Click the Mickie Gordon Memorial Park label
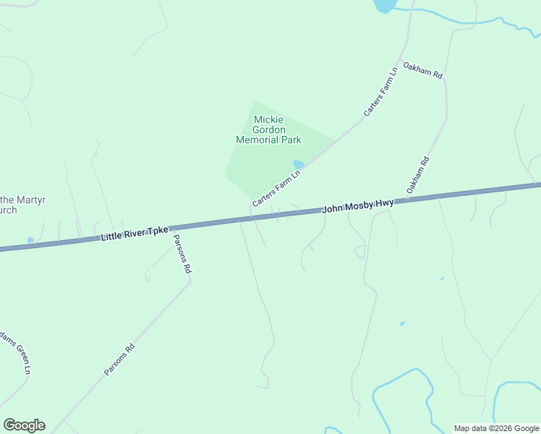(x=268, y=129)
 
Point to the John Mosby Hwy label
(x=358, y=206)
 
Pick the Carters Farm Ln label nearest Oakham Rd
(x=380, y=92)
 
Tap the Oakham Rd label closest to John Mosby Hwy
(x=417, y=175)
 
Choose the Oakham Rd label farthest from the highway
(x=423, y=69)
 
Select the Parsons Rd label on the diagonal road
(x=119, y=359)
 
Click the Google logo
(x=24, y=425)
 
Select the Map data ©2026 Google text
(x=496, y=428)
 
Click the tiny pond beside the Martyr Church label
(x=30, y=239)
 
